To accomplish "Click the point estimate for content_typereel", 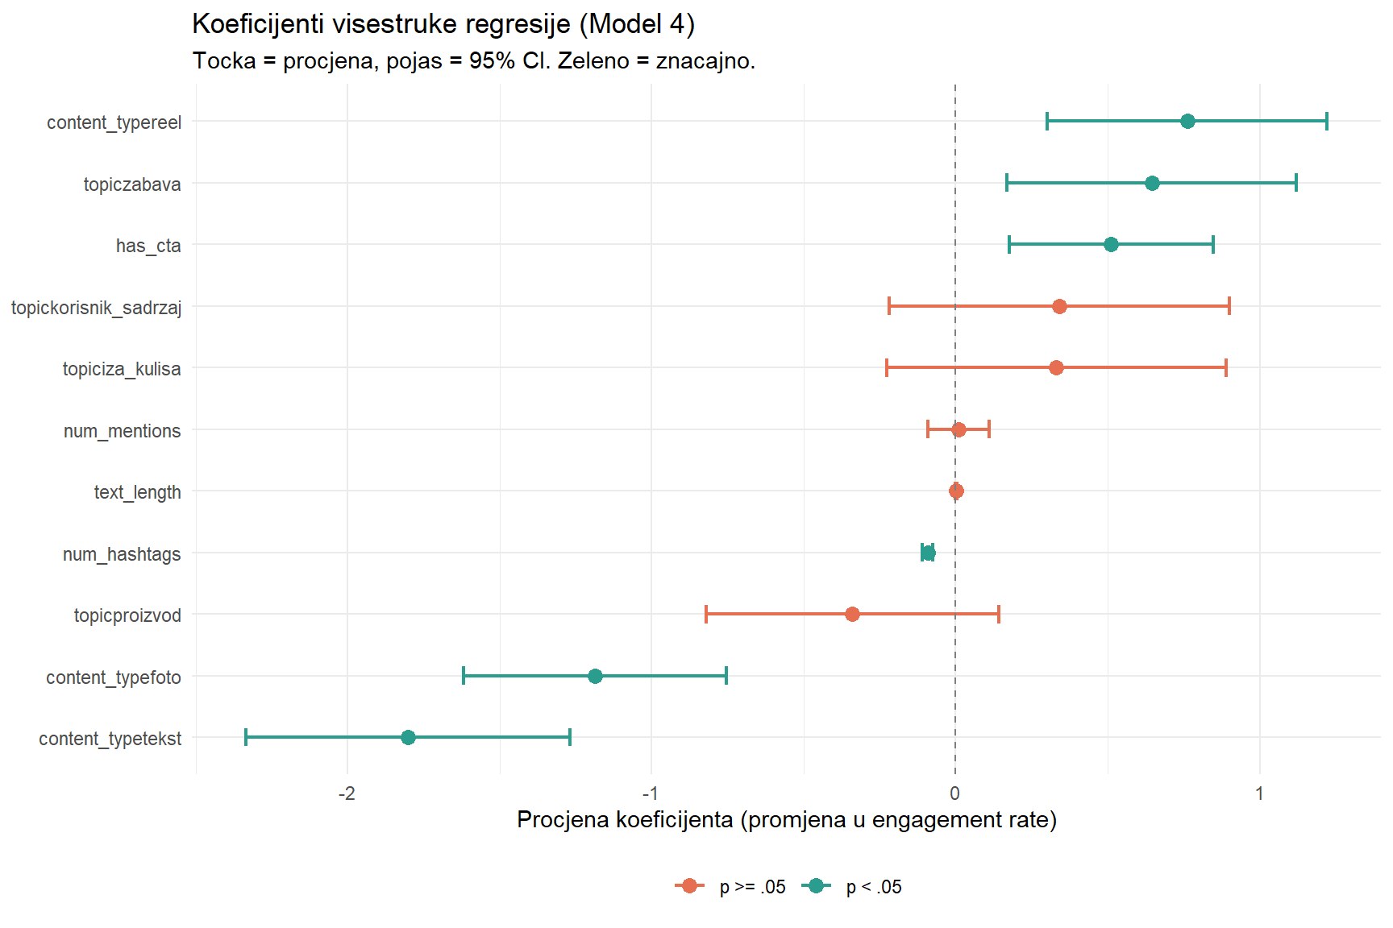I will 1187,122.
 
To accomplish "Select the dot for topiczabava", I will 1152,184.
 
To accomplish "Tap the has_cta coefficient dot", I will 1111,245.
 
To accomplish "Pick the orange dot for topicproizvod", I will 852,615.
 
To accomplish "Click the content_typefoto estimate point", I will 595,677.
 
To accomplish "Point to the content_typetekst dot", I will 408,738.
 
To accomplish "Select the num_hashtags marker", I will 928,553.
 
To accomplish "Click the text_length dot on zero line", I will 956,491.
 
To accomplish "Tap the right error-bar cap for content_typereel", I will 1326,122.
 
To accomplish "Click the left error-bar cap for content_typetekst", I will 246,738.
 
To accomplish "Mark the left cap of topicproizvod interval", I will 706,615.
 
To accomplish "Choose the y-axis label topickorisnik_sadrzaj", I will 96,308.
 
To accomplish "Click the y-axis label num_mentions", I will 122,431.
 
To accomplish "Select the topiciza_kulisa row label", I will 122,369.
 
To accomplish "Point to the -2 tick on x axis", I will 347,793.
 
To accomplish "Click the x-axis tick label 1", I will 1259,793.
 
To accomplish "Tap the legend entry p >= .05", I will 751,887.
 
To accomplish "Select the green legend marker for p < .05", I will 816,886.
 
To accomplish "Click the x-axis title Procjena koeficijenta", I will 786,820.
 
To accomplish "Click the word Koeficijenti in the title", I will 258,24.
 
